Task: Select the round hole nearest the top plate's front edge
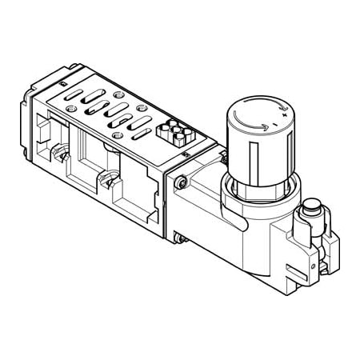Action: click(118, 137)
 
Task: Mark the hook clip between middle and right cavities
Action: click(104, 182)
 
